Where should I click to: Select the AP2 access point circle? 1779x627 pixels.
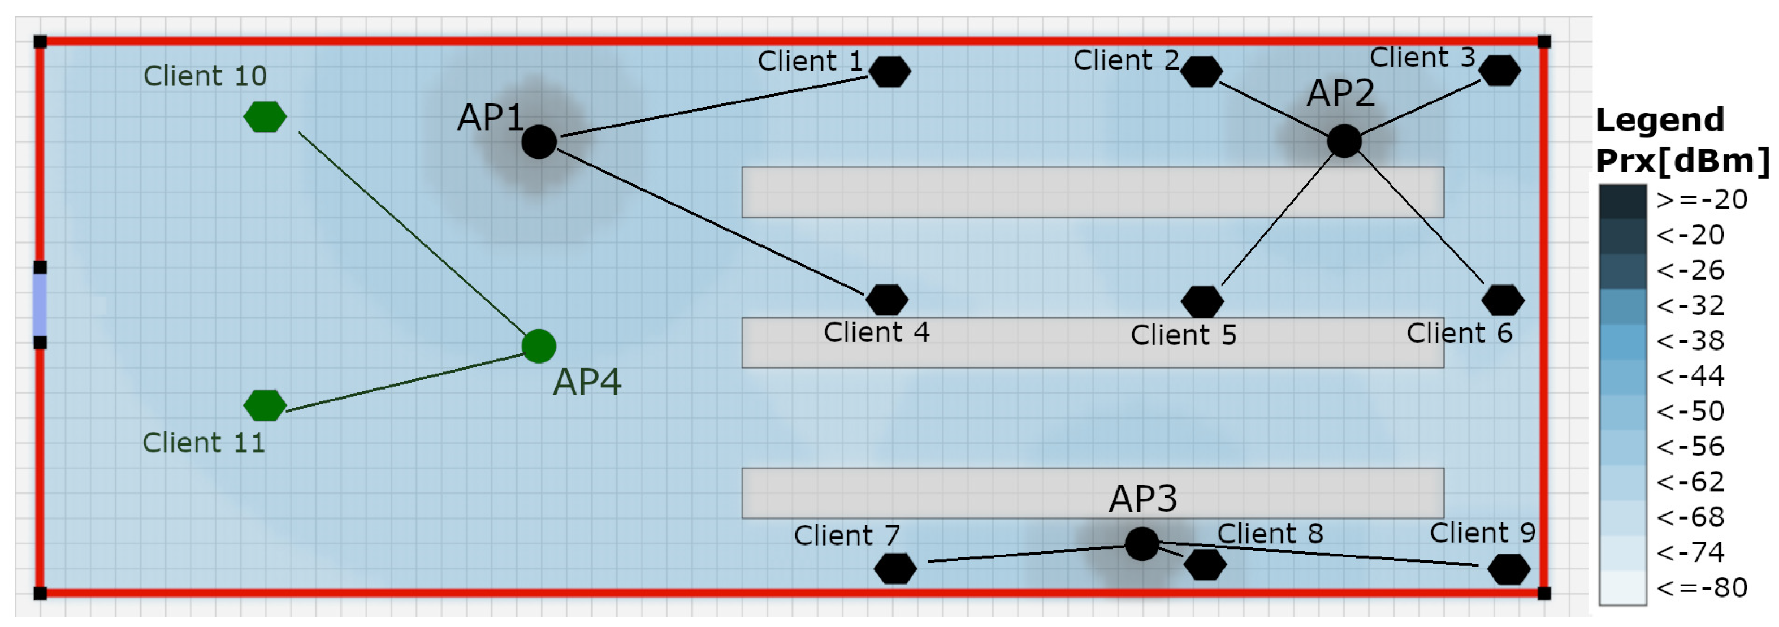click(x=1344, y=141)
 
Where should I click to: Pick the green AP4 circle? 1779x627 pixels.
click(x=539, y=346)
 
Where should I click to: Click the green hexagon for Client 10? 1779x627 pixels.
click(x=265, y=116)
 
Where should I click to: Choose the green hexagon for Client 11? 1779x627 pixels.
click(x=265, y=405)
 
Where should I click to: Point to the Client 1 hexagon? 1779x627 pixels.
click(x=890, y=71)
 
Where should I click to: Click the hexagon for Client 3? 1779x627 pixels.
click(x=1499, y=71)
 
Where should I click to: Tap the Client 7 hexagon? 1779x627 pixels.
click(x=895, y=568)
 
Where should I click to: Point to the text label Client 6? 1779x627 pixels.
click(x=1459, y=334)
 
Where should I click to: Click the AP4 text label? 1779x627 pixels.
click(x=587, y=382)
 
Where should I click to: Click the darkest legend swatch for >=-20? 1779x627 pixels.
click(x=1622, y=201)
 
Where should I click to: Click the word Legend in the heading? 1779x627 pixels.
click(x=1660, y=121)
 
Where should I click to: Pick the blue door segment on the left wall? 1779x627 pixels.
click(x=40, y=305)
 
